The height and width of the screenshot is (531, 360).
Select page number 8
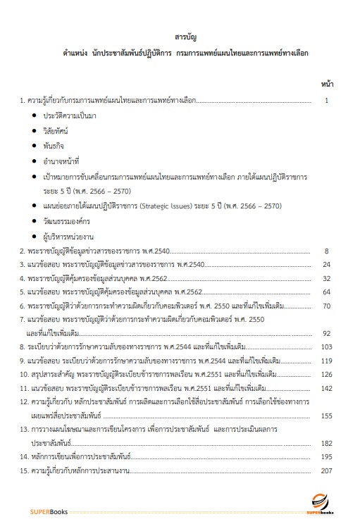[x=326, y=251]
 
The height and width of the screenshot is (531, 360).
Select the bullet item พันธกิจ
[x=56, y=146]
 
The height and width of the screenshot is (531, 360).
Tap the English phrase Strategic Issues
[x=166, y=206]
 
